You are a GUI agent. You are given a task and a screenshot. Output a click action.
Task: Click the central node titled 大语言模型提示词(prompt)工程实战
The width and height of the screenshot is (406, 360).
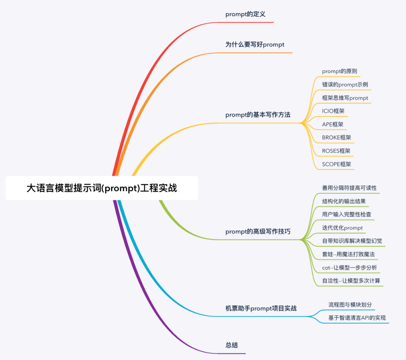pos(101,188)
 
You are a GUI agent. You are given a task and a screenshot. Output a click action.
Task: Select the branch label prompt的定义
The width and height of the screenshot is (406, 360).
pos(245,14)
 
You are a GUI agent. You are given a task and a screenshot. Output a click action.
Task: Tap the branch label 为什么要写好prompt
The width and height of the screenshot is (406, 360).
pos(255,44)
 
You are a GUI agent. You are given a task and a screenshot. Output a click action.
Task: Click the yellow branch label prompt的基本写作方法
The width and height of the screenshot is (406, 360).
pos(258,115)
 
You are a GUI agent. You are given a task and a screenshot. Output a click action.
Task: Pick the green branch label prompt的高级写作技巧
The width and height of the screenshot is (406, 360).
pos(258,232)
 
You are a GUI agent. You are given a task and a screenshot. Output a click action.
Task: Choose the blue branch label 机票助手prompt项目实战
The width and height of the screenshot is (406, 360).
pos(261,308)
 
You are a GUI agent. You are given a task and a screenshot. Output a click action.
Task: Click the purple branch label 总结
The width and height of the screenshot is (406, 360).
pos(232,345)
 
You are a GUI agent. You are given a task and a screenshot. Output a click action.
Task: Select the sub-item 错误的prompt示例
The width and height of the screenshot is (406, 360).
pos(345,85)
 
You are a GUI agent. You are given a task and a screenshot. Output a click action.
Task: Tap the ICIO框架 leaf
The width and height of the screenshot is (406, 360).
pos(333,111)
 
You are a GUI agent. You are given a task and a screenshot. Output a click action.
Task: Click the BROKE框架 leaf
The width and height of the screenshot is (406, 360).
pos(336,137)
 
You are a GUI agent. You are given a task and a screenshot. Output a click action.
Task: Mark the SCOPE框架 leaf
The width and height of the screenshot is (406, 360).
pos(336,164)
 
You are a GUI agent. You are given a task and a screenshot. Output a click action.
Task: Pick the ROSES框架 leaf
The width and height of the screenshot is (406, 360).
pos(336,151)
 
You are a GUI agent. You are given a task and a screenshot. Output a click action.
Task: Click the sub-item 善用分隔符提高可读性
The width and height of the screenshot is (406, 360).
pos(349,188)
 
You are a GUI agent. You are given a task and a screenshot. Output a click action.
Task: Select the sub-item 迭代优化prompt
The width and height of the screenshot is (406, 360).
pos(342,228)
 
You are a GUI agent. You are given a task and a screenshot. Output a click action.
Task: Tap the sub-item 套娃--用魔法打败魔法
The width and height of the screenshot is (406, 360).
pos(348,254)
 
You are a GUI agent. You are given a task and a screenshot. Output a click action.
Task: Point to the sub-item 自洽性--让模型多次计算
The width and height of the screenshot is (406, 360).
pos(351,281)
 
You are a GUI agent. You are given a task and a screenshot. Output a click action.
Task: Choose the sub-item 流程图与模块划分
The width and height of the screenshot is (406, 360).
pos(350,305)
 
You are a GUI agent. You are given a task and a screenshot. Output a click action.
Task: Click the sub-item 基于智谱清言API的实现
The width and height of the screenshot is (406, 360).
pos(357,318)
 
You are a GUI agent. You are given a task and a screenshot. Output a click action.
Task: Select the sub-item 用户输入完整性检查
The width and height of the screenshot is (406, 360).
pos(347,214)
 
